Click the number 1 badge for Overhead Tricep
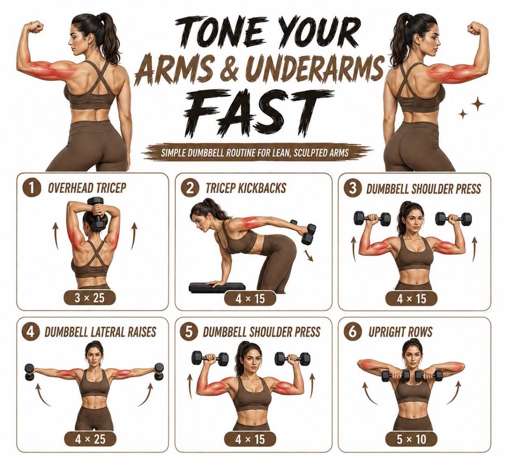(x=31, y=188)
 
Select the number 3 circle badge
(x=353, y=188)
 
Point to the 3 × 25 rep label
(x=90, y=298)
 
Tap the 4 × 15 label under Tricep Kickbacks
(x=250, y=299)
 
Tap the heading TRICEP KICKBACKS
(x=246, y=188)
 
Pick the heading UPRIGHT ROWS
(x=400, y=332)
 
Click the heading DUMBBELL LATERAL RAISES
(x=100, y=332)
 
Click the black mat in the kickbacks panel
(x=217, y=287)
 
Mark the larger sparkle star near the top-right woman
(x=478, y=105)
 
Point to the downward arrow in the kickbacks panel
(x=309, y=256)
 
